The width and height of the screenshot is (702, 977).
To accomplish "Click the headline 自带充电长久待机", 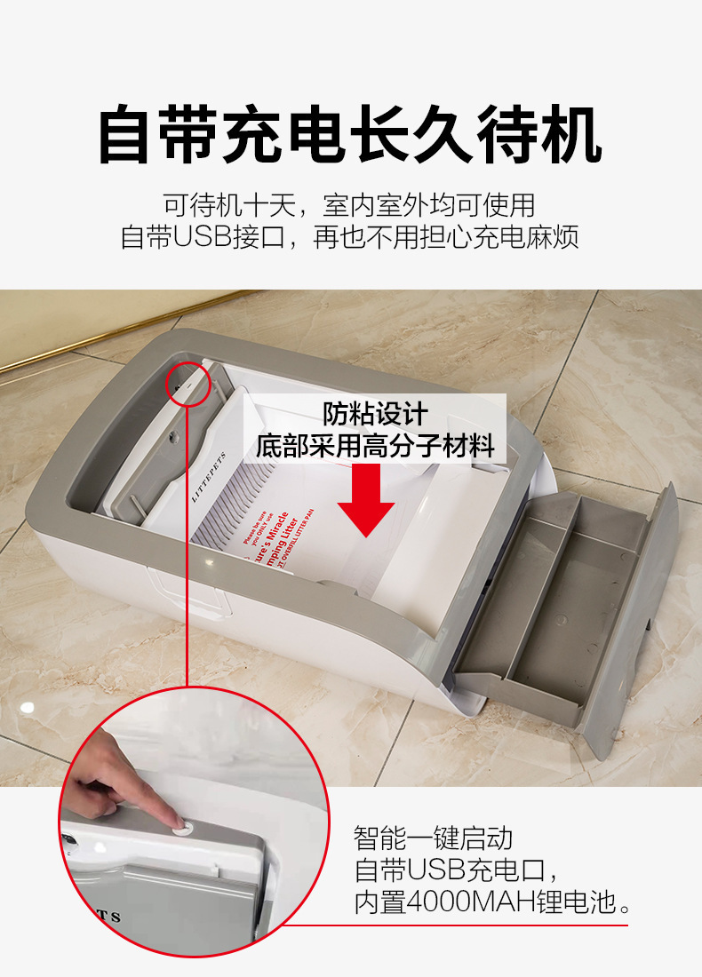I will [x=350, y=134].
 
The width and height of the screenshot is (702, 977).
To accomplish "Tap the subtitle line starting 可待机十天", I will [x=350, y=205].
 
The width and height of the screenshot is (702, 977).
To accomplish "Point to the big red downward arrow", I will [x=365, y=500].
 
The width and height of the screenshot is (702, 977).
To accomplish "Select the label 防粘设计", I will [x=374, y=414].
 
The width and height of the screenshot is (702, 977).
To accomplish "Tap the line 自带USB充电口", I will [x=455, y=870].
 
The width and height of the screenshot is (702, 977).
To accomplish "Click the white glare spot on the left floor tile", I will [x=28, y=707].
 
